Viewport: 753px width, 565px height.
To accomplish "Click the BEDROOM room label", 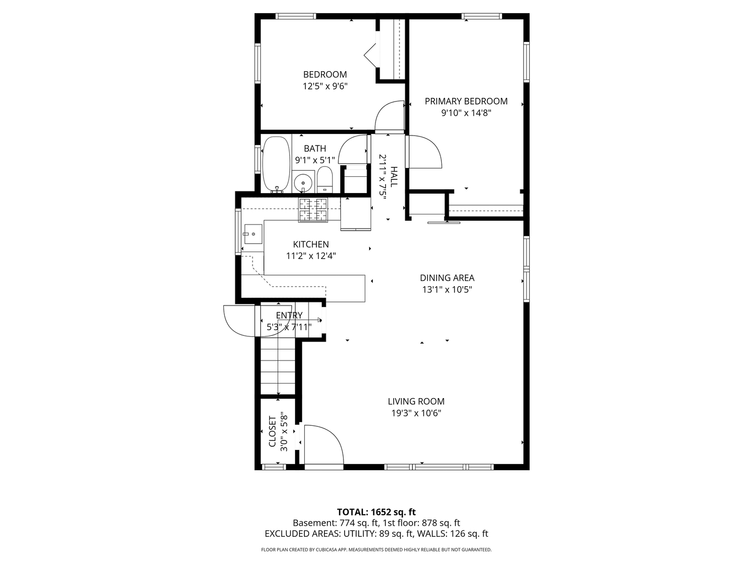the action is click(325, 74).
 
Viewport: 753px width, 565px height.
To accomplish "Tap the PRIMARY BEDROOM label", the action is click(466, 101).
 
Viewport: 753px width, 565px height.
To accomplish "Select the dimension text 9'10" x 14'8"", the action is click(466, 113).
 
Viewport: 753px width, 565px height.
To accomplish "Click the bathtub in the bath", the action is click(276, 164).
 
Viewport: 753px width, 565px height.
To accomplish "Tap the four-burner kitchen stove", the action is click(313, 210).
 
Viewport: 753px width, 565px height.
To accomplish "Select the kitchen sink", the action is click(253, 234).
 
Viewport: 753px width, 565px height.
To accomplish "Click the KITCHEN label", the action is click(311, 244).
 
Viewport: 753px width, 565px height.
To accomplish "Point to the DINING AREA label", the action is click(447, 278).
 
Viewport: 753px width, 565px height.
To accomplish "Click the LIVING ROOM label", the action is click(416, 401).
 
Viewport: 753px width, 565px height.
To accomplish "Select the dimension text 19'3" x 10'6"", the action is click(416, 413).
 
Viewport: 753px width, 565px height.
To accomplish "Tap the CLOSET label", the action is click(272, 432).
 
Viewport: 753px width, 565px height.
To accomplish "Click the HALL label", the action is click(394, 177).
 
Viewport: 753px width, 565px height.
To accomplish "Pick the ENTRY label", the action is click(289, 315).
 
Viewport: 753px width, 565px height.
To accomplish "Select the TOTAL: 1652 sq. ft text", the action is click(376, 512).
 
